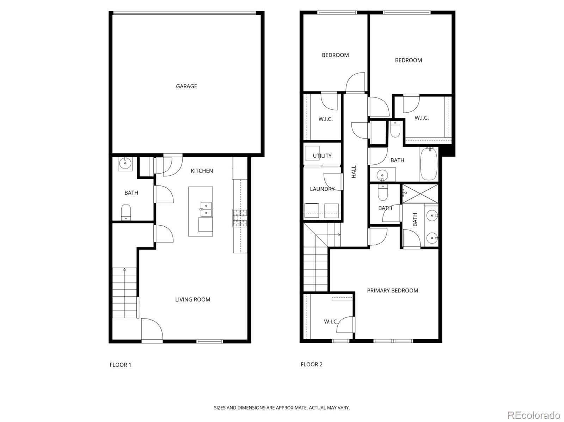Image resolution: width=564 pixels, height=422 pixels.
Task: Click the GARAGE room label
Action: pos(186,86)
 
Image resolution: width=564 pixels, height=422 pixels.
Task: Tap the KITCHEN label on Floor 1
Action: pos(202,171)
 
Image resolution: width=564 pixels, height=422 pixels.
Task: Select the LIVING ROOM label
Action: pos(192,300)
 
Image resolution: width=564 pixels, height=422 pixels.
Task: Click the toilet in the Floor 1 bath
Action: pos(126,212)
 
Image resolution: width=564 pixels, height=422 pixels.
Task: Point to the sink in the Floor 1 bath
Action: pos(125,163)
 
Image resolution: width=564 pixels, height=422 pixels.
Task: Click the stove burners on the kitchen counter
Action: pos(239,218)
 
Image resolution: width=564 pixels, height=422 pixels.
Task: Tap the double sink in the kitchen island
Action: pos(206,209)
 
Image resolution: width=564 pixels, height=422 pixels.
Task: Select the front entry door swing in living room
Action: pos(152,329)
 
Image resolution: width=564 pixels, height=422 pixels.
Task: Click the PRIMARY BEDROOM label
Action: pos(392,290)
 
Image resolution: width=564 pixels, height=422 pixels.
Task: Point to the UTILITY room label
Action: pos(322,156)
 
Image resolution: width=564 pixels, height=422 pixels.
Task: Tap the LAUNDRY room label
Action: pos(322,189)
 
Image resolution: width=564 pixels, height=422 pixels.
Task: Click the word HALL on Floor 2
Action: pos(354,172)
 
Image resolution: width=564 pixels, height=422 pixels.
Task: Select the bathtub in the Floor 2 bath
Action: pos(429,164)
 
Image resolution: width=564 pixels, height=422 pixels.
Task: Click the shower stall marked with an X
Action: pos(421,194)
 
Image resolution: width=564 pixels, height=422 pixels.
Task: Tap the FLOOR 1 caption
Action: pos(120,365)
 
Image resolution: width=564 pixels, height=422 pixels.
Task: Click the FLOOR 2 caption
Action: pos(311,364)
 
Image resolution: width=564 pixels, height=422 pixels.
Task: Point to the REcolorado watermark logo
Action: pos(533,415)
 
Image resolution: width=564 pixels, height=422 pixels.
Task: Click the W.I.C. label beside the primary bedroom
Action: pos(331,322)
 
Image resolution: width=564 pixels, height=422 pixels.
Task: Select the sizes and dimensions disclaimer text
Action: pos(282,408)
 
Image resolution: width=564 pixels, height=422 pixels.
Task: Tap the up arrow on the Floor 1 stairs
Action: pos(124,270)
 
